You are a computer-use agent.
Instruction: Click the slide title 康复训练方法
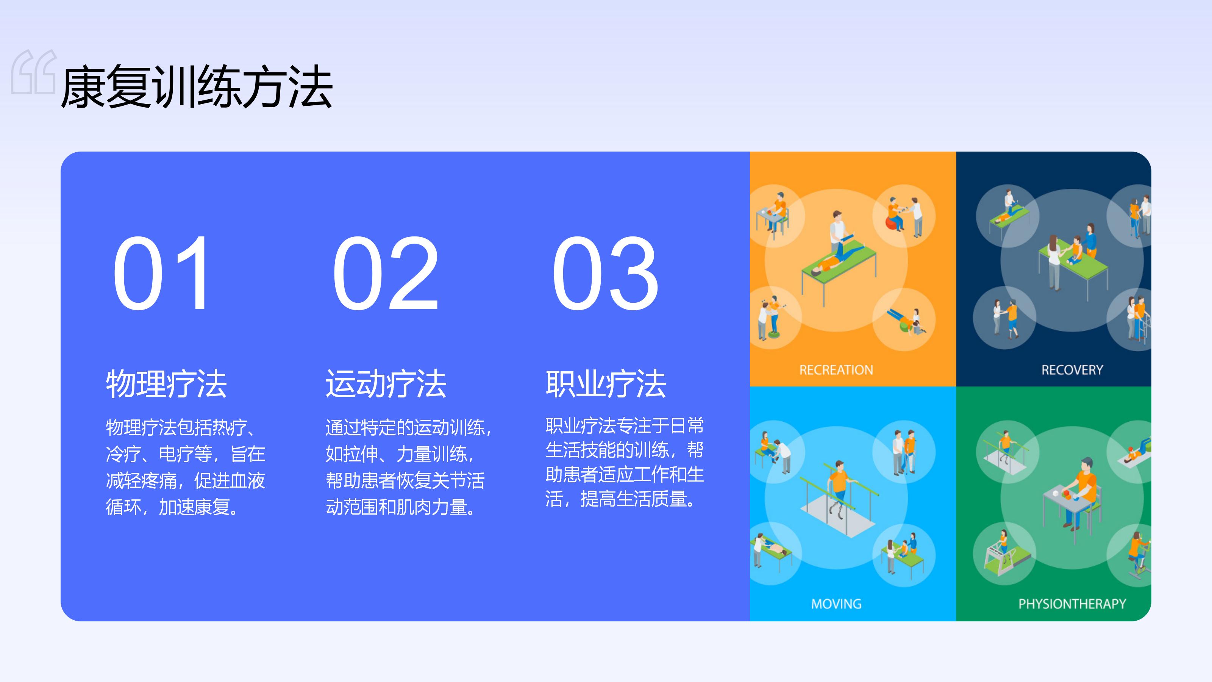point(197,87)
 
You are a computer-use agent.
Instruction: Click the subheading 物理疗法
point(167,383)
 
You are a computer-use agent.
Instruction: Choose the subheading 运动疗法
point(386,383)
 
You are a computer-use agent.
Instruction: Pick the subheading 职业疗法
point(606,383)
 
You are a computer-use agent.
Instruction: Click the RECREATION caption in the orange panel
point(836,370)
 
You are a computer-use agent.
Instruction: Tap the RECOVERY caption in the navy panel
point(1072,370)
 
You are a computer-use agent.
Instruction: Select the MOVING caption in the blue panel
point(836,604)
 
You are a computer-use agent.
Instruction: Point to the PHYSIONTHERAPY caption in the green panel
point(1072,604)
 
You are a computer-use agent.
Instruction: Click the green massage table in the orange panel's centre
point(839,266)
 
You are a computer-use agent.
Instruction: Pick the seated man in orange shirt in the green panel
point(1082,492)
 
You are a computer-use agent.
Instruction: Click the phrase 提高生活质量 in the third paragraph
point(633,499)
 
